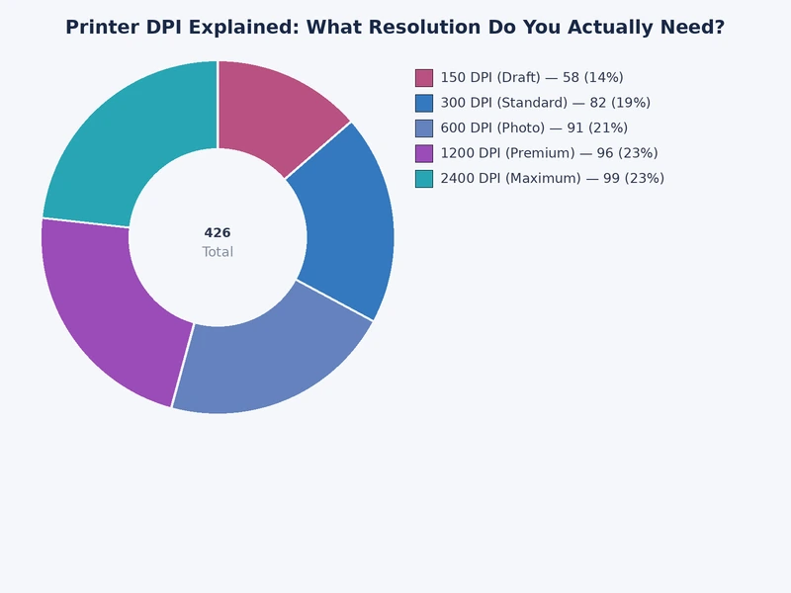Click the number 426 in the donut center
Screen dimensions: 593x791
click(218, 233)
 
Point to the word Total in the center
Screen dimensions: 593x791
click(218, 252)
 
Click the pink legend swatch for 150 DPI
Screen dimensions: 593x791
click(424, 78)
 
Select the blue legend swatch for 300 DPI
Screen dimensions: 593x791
click(424, 103)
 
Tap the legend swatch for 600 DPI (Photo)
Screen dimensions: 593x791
click(424, 128)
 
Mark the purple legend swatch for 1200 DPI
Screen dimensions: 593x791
click(424, 153)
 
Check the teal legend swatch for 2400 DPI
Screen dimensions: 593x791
click(424, 179)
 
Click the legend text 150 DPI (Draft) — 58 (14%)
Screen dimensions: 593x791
click(531, 78)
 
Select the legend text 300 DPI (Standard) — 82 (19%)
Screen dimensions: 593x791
click(545, 103)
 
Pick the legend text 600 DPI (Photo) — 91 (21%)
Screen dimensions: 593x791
click(534, 128)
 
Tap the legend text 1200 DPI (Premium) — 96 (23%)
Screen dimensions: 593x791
click(549, 153)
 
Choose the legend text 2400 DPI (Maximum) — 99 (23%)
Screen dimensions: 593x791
click(552, 179)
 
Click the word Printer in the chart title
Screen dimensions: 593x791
click(102, 28)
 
